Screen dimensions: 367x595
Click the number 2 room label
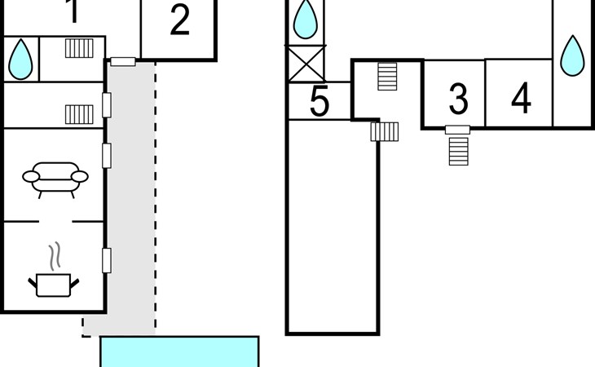coord(179,20)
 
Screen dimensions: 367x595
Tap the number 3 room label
coord(458,98)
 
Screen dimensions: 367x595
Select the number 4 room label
coord(521,98)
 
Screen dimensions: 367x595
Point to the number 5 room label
coord(320,103)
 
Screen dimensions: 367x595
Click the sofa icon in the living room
coord(55,179)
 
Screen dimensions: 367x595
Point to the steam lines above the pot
coord(55,256)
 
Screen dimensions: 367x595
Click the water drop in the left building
coord(20,59)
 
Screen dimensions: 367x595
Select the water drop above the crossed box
coord(306,20)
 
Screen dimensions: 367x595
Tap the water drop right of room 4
coord(573,54)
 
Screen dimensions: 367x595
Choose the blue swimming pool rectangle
coord(179,352)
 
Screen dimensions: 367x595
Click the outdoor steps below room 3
coord(460,150)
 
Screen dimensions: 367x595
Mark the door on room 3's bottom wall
coord(457,130)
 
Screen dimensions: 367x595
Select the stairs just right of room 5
coord(384,130)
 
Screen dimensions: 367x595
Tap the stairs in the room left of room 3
coord(387,76)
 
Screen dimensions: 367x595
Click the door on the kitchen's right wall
coord(106,260)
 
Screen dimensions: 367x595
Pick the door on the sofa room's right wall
coord(106,155)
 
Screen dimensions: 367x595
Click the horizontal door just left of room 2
coord(123,61)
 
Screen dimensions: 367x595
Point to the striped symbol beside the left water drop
coord(79,48)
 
